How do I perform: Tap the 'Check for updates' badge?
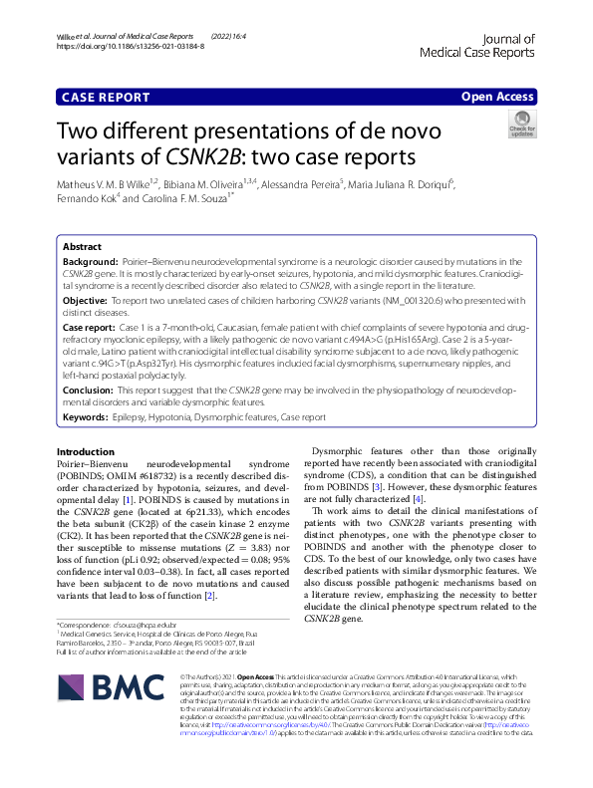(x=521, y=125)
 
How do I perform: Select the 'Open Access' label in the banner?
(x=497, y=97)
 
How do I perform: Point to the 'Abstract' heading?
(x=82, y=245)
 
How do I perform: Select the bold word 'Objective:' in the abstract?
(x=86, y=299)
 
